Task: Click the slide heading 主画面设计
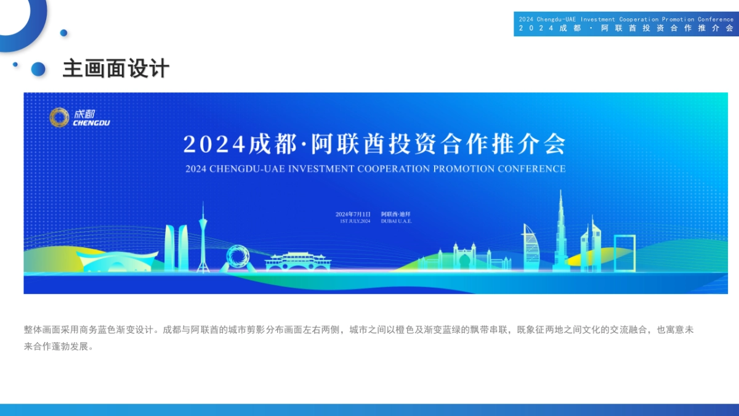tap(116, 68)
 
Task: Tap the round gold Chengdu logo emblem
tap(60, 117)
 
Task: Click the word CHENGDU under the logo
tap(91, 123)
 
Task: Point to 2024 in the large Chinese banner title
tap(214, 144)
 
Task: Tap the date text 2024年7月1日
tap(353, 214)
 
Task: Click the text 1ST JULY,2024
tap(355, 221)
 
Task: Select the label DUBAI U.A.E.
tap(396, 221)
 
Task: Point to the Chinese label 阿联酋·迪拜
tap(395, 214)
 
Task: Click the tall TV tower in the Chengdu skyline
tap(203, 237)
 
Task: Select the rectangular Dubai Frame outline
tap(624, 253)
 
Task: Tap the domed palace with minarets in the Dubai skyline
tap(464, 256)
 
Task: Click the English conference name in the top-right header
tap(626, 20)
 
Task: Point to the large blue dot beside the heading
tap(38, 68)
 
